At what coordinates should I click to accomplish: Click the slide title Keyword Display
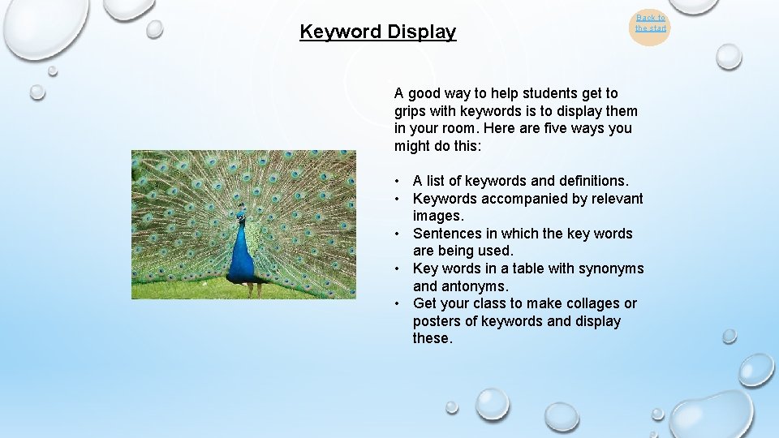[377, 32]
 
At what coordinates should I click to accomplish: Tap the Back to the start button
[650, 23]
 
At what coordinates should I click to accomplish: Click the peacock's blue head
[240, 217]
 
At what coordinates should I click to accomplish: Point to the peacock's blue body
[242, 255]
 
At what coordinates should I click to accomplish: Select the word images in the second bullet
[437, 216]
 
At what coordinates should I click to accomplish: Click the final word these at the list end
[432, 338]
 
